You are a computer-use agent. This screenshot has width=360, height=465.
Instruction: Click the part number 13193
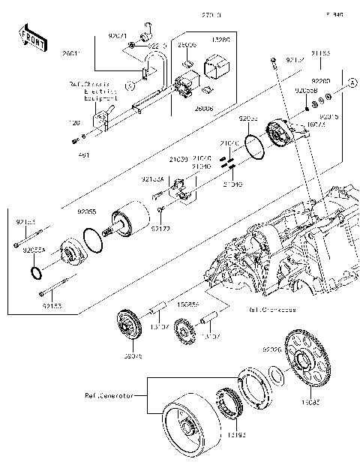pyautogui.click(x=215, y=434)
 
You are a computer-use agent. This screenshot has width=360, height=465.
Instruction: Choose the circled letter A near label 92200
pyautogui.click(x=351, y=88)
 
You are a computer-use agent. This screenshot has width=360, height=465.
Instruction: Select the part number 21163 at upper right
pyautogui.click(x=321, y=52)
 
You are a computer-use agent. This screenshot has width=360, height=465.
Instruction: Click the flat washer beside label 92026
pyautogui.click(x=275, y=373)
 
